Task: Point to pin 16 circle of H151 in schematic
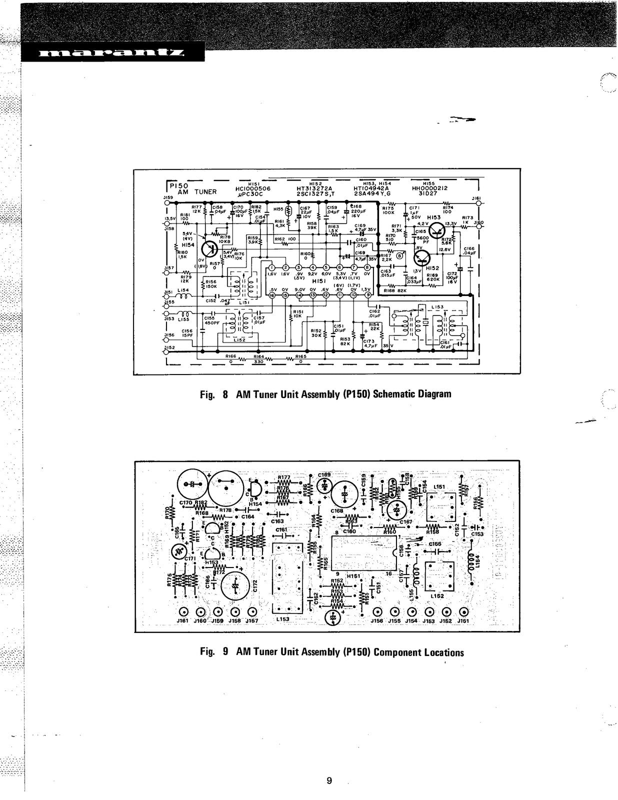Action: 272,295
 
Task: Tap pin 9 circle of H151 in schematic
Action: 368,295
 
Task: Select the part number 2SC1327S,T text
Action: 315,193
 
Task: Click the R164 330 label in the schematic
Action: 258,359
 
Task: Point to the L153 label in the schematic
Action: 436,307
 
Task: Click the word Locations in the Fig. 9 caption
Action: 443,652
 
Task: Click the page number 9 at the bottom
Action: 328,781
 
